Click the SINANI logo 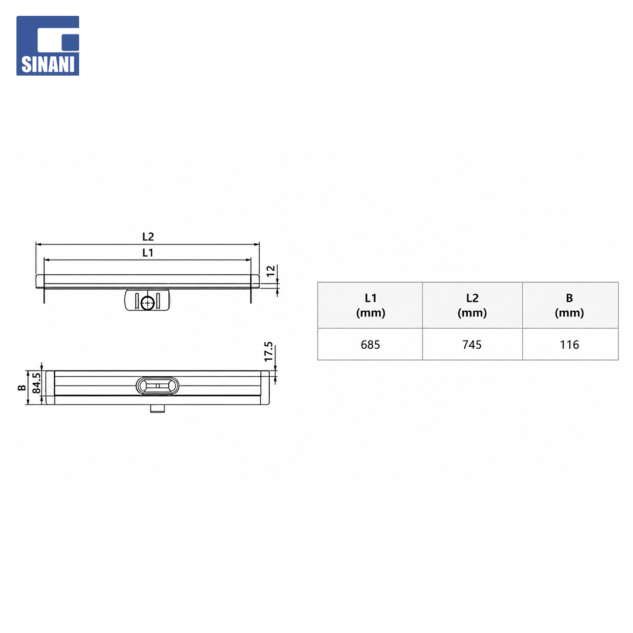point(47,46)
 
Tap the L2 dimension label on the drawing point(148,237)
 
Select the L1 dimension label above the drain point(148,253)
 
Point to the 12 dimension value point(271,270)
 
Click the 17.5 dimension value point(269,352)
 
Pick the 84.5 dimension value point(36,383)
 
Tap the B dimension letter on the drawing point(22,388)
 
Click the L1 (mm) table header point(370,305)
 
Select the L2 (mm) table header point(472,305)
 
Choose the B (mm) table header point(569,305)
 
